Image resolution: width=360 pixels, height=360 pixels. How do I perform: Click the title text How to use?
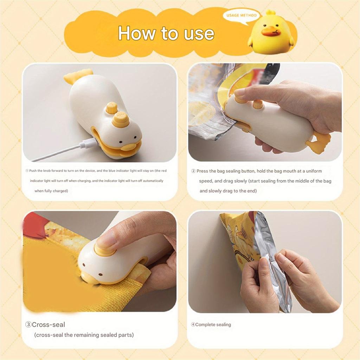166,33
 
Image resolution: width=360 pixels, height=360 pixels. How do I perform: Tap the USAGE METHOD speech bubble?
242,16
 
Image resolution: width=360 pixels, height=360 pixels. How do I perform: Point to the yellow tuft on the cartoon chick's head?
271,13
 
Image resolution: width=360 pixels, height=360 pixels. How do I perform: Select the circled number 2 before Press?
193,171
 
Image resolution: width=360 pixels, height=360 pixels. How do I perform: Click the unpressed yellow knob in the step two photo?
258,104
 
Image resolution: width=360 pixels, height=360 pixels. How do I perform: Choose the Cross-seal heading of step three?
48,324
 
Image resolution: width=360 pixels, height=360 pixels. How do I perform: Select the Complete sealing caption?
213,324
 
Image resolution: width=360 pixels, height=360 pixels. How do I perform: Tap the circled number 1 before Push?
27,171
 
